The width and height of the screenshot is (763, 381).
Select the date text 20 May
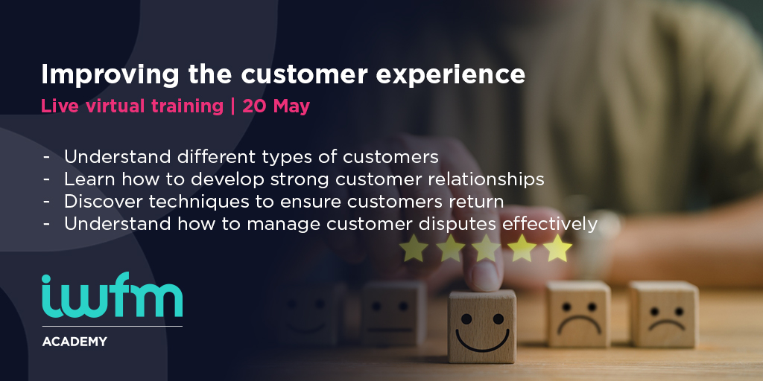[276, 106]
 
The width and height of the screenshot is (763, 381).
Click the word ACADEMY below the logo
[75, 342]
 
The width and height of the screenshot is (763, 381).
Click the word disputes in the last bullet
[459, 225]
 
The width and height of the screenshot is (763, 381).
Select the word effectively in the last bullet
[550, 224]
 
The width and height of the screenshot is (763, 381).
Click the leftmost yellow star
[414, 249]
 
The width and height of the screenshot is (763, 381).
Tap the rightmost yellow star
[557, 249]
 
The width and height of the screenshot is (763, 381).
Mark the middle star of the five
[486, 249]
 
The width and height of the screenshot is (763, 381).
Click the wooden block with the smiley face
[482, 327]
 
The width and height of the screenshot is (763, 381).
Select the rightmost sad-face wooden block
[664, 315]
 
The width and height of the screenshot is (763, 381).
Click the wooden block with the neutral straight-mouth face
[393, 313]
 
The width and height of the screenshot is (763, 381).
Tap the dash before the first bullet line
[47, 158]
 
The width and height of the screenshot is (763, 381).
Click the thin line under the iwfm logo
[113, 326]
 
